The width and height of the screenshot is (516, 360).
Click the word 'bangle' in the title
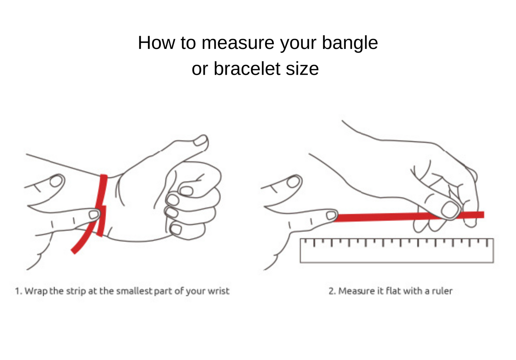pyautogui.click(x=350, y=43)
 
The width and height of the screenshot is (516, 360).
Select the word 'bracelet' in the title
pyautogui.click(x=247, y=69)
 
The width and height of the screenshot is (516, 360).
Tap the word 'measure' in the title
pyautogui.click(x=238, y=43)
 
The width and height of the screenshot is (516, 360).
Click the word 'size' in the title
pyautogui.click(x=302, y=69)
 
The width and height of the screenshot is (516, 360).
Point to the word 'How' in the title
pyautogui.click(x=156, y=43)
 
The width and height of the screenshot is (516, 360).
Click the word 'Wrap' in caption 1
pyautogui.click(x=36, y=291)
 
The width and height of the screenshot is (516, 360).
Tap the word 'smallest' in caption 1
pyautogui.click(x=134, y=291)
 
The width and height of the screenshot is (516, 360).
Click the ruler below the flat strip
pyautogui.click(x=397, y=251)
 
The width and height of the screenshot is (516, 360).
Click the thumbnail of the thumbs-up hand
pyautogui.click(x=201, y=140)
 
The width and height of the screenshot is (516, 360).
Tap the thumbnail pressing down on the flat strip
pyautogui.click(x=451, y=210)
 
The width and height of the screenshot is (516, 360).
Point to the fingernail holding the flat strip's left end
pyautogui.click(x=331, y=216)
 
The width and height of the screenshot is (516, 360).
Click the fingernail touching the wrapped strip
pyautogui.click(x=94, y=214)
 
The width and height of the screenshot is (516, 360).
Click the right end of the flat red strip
pyautogui.click(x=484, y=215)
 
